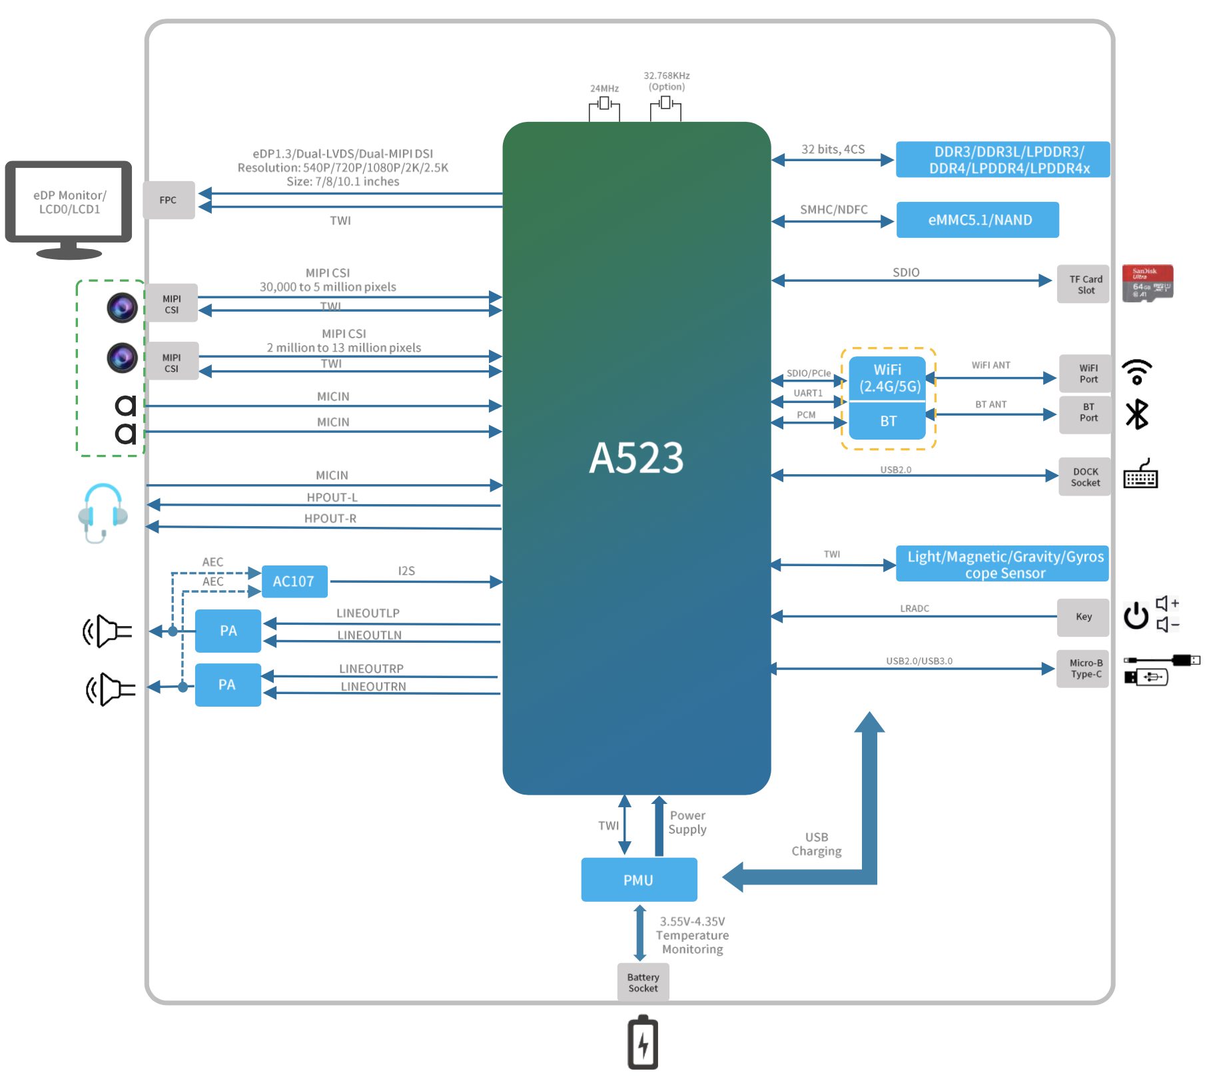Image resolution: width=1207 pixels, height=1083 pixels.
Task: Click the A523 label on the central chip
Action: [x=636, y=458]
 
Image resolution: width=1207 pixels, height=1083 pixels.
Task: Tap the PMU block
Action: [x=638, y=880]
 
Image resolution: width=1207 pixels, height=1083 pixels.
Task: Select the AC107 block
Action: [x=293, y=581]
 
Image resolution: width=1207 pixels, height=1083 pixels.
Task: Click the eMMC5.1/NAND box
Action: [x=977, y=220]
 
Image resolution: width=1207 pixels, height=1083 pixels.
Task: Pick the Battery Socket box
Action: [x=643, y=982]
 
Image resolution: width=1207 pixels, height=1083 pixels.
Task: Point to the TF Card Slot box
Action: [x=1084, y=284]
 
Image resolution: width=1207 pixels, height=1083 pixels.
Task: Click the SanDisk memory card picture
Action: [x=1147, y=283]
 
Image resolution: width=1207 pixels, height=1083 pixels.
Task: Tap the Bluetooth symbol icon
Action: [x=1136, y=414]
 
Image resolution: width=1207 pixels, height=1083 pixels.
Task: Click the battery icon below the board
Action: [x=643, y=1042]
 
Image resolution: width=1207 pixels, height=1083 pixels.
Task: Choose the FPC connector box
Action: [x=169, y=200]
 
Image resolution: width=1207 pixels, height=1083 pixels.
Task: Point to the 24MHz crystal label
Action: [x=604, y=89]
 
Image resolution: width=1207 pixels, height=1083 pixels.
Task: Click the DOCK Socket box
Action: [x=1084, y=477]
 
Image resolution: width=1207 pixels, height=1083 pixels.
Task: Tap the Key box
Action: [x=1083, y=617]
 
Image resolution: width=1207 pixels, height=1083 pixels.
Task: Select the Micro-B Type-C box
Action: [x=1084, y=669]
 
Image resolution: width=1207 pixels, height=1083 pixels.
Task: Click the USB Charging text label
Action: [x=816, y=844]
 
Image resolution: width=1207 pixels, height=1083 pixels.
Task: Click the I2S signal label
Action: [x=406, y=571]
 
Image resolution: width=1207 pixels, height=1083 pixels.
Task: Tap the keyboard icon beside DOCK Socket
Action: [x=1140, y=474]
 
